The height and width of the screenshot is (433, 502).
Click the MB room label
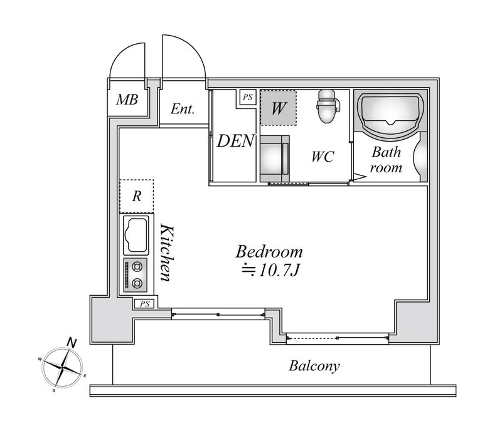click(x=127, y=100)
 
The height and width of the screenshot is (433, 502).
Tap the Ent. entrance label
click(x=183, y=109)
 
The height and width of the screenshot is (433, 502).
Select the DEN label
click(x=235, y=141)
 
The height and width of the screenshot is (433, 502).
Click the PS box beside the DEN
click(x=248, y=97)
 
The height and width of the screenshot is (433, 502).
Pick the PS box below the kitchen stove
click(x=145, y=304)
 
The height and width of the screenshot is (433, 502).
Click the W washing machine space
click(x=278, y=108)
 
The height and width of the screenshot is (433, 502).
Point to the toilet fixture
click(x=327, y=106)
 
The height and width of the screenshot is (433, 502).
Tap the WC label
click(x=323, y=157)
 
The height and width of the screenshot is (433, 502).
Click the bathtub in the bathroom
click(x=390, y=115)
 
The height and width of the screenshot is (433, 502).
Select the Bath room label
click(x=386, y=160)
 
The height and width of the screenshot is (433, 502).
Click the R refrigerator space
click(x=137, y=196)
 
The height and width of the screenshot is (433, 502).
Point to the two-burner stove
click(x=136, y=275)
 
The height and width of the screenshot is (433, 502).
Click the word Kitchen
click(x=168, y=253)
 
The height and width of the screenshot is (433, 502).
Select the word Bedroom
click(x=269, y=252)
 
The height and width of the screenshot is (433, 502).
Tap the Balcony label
click(x=314, y=366)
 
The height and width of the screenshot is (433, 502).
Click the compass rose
click(x=63, y=367)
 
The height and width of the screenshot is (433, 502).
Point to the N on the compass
click(x=72, y=343)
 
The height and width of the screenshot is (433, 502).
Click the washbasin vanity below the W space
click(x=275, y=159)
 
